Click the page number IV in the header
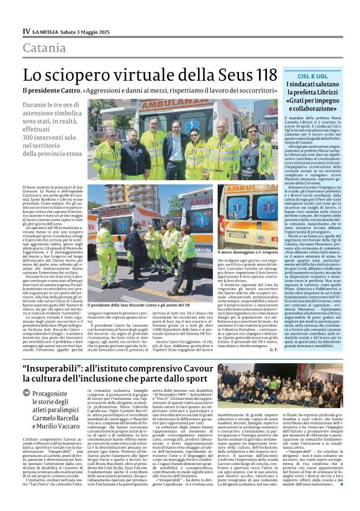[27, 30]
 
